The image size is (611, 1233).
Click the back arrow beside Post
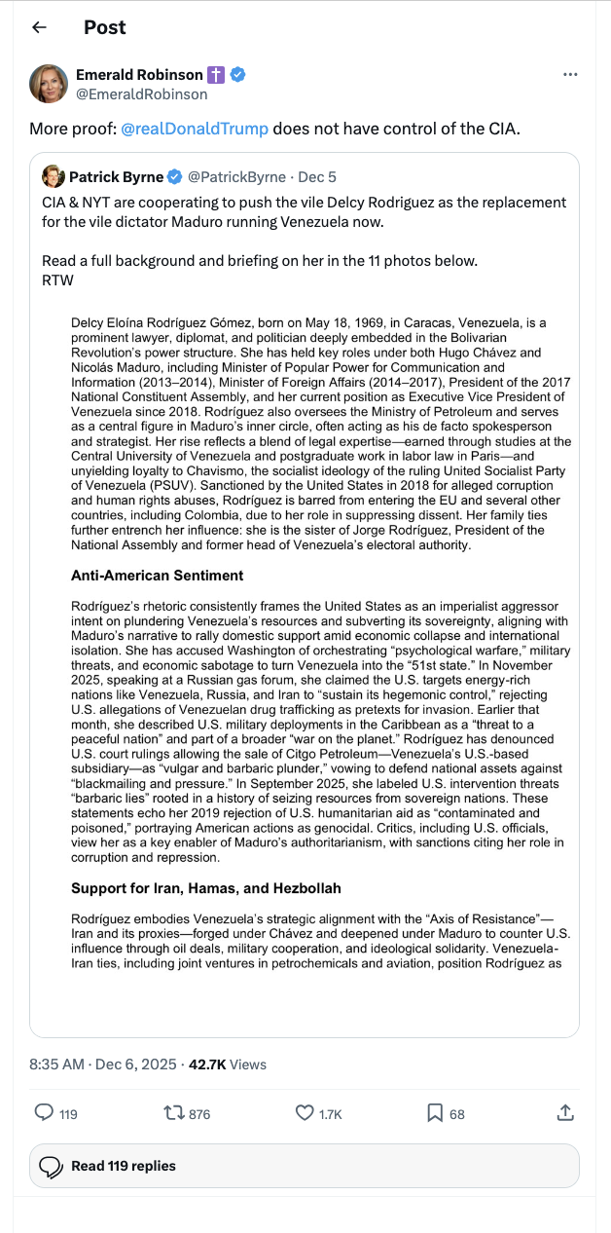pyautogui.click(x=39, y=27)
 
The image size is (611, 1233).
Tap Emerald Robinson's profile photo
pyautogui.click(x=49, y=84)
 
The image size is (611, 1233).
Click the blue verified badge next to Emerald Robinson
pyautogui.click(x=236, y=75)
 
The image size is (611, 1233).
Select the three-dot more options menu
pyautogui.click(x=571, y=75)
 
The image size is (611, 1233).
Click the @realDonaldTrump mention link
pyautogui.click(x=195, y=128)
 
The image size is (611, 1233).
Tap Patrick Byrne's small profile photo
pyautogui.click(x=53, y=176)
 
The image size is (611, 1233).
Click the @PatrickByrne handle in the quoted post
pyautogui.click(x=236, y=177)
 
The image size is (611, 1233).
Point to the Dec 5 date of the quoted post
pyautogui.click(x=317, y=177)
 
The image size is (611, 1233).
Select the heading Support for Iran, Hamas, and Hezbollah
pyautogui.click(x=204, y=888)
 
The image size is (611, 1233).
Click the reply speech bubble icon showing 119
pyautogui.click(x=45, y=1112)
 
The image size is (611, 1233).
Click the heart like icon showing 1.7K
pyautogui.click(x=305, y=1112)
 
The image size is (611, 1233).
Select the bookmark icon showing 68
pyautogui.click(x=435, y=1112)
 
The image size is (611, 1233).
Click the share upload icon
pyautogui.click(x=564, y=1112)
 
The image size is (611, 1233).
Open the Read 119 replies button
pyautogui.click(x=305, y=1166)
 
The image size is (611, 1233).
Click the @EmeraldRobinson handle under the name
pyautogui.click(x=141, y=94)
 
